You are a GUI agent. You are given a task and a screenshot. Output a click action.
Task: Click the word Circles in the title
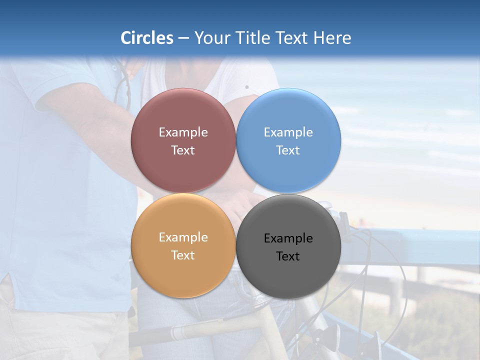(147, 38)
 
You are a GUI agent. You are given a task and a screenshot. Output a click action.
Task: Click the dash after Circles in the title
(183, 38)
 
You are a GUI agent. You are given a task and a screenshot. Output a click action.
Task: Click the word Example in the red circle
(183, 132)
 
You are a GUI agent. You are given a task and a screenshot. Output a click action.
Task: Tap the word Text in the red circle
(183, 150)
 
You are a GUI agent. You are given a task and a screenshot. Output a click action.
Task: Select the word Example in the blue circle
(288, 132)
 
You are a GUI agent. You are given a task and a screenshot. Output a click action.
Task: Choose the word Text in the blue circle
(288, 150)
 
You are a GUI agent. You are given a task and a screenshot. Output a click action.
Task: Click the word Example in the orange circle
(183, 237)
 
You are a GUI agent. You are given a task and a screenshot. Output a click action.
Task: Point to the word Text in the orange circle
(183, 255)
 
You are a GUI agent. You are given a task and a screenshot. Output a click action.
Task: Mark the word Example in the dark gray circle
(288, 238)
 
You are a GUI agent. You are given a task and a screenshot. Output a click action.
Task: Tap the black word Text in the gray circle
(288, 256)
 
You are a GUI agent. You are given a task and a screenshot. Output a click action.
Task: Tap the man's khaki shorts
(60, 335)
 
